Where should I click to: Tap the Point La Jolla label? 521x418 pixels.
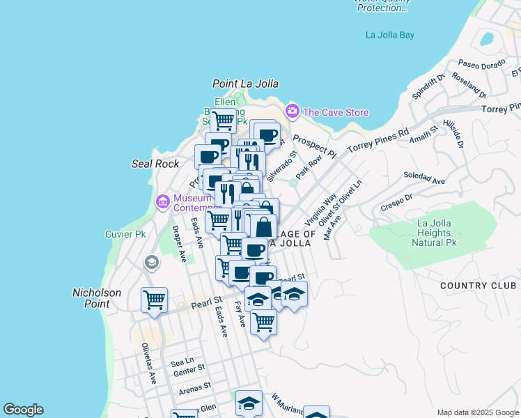pos(245,84)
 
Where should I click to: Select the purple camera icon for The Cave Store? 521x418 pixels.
pos(292,111)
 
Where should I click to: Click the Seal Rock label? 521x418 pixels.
pos(155,164)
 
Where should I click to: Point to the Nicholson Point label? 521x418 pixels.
pos(97,298)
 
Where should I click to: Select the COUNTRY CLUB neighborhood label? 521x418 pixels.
pos(479,286)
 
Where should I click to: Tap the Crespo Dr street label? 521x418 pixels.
pos(397,206)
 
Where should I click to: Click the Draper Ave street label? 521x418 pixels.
pos(180,244)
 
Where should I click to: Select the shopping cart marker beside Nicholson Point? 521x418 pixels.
pos(154,300)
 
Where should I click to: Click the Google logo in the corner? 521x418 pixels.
pos(23,410)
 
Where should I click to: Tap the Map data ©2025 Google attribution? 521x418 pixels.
pos(478,412)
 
